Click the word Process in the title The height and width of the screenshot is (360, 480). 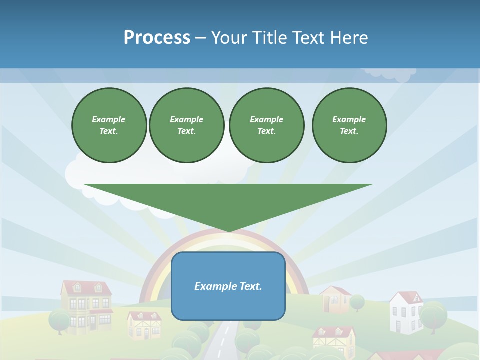point(157,38)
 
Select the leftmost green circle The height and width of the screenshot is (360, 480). point(109,125)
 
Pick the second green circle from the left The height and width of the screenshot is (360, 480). point(186,125)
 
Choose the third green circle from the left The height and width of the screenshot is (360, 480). point(266,125)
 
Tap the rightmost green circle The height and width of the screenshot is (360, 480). point(349,125)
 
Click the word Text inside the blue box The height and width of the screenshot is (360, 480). point(249,286)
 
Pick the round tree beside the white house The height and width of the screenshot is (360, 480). point(433,315)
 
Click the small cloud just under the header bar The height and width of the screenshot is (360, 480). point(391,74)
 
